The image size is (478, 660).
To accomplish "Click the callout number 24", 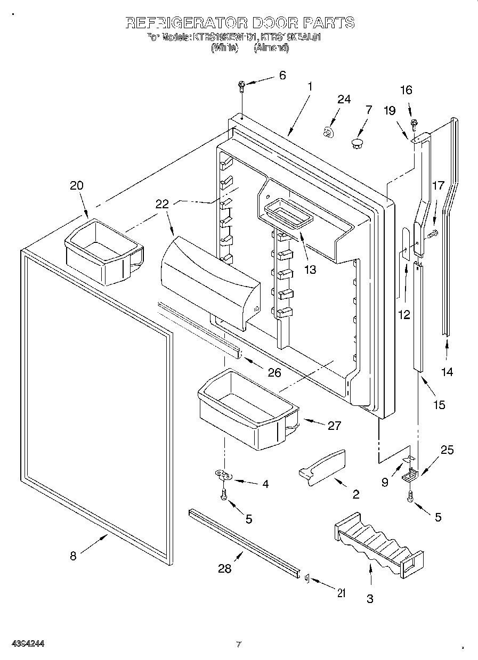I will [344, 99].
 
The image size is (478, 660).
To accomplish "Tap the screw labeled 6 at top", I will [242, 85].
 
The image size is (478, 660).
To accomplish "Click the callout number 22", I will [162, 203].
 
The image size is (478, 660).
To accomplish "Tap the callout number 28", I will [225, 568].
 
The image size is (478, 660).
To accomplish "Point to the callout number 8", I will [73, 556].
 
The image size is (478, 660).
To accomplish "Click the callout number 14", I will [447, 372].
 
